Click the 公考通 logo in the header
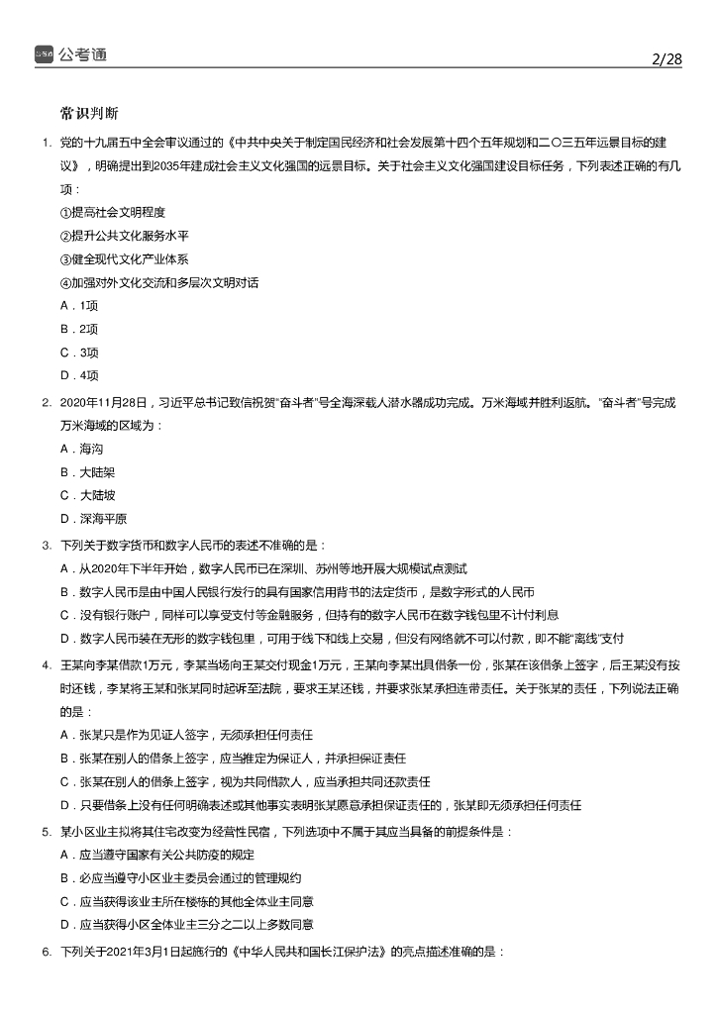(69, 54)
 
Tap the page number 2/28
(667, 59)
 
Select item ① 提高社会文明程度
(112, 212)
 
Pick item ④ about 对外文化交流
(158, 283)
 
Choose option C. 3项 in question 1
(79, 352)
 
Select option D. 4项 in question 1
(79, 375)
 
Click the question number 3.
(47, 545)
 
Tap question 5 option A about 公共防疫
(172, 855)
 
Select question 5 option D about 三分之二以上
(187, 925)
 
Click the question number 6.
(47, 952)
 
